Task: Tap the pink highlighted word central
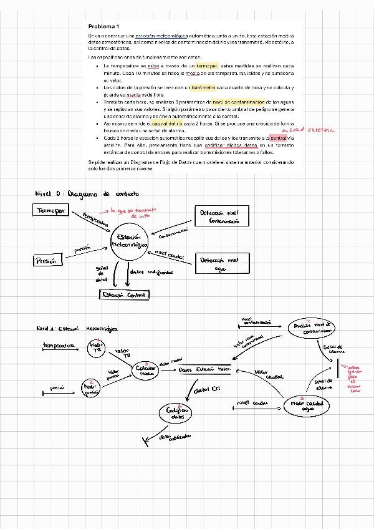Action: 278,137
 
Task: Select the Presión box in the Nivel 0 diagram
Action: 48,261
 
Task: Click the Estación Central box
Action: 125,294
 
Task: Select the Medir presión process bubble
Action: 92,388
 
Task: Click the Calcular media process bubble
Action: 145,370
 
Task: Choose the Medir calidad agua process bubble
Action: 307,406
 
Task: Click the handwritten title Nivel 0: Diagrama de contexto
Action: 87,193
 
